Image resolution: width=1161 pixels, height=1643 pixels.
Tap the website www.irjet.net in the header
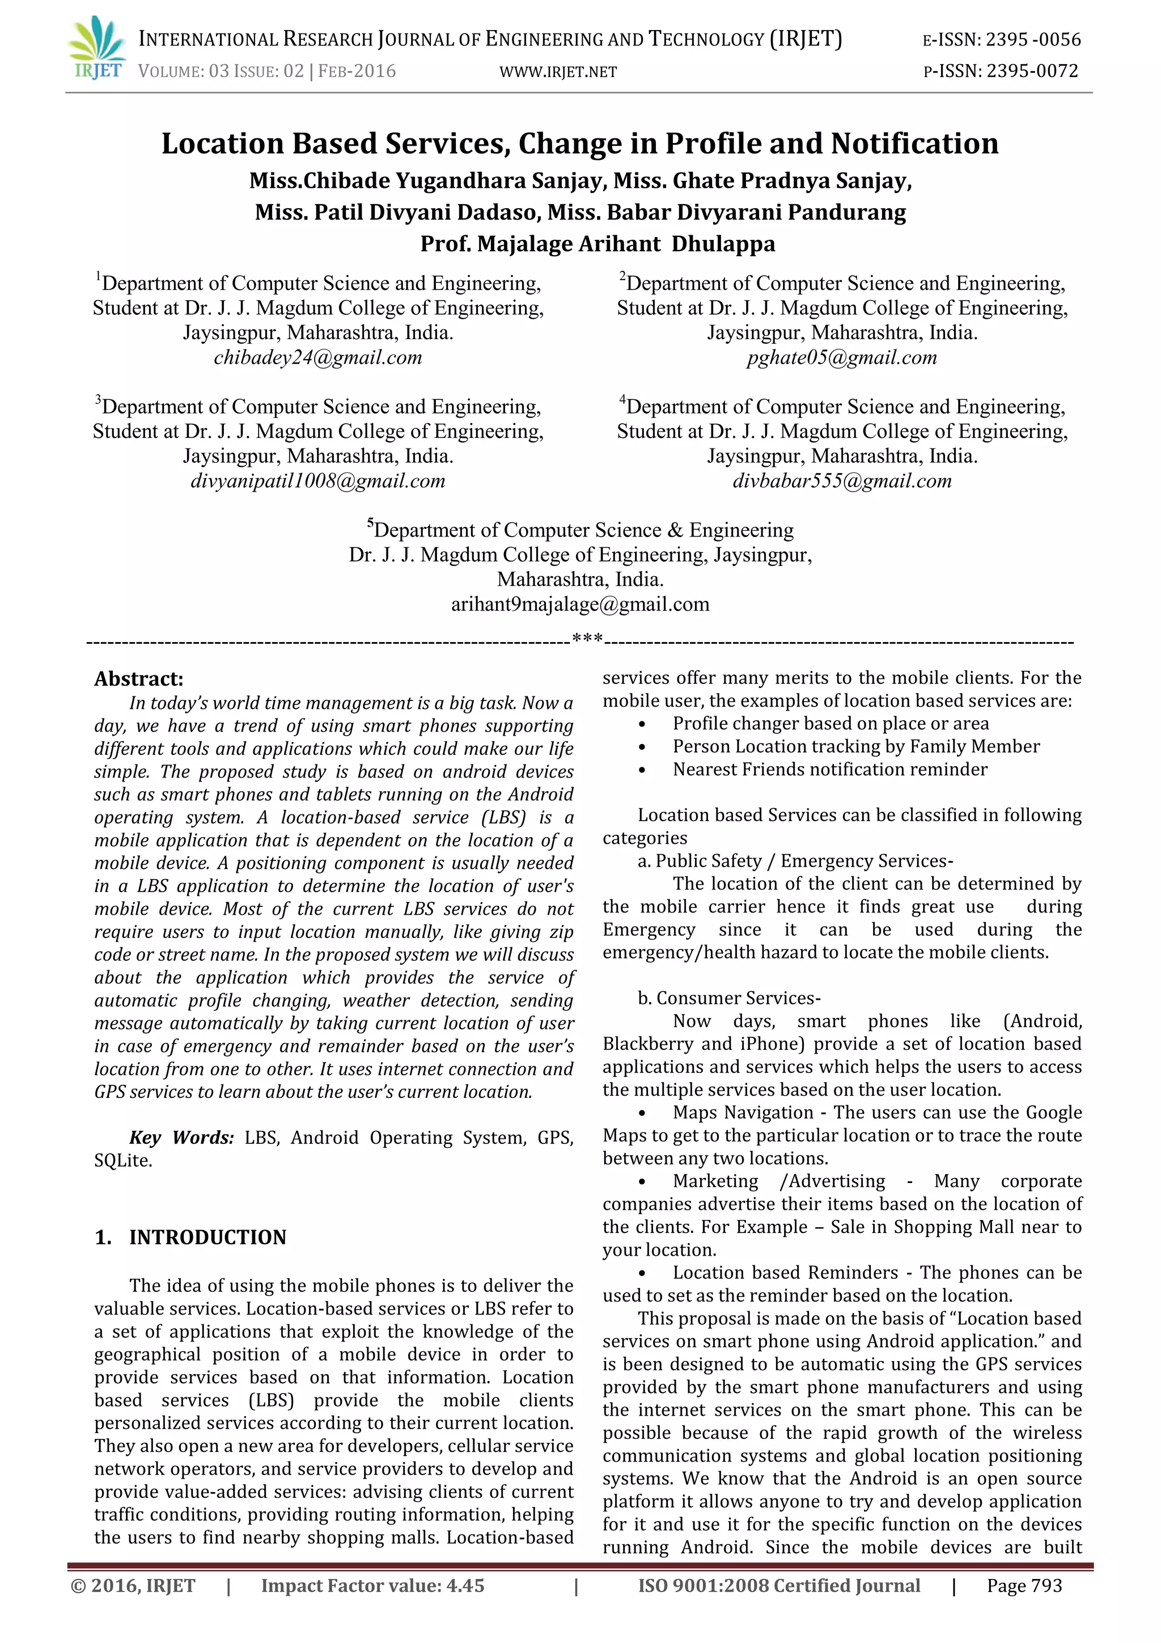click(558, 71)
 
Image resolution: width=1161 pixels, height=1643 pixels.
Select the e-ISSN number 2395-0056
click(1033, 40)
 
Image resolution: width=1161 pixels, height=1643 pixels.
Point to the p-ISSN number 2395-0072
click(1032, 71)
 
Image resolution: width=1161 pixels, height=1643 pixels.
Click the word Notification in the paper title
click(914, 144)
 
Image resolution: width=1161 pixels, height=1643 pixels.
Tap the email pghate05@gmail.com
click(841, 357)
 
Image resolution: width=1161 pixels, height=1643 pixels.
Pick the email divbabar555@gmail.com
click(841, 481)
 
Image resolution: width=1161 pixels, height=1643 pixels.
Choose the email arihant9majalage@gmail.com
click(579, 604)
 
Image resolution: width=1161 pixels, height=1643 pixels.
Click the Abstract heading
click(139, 678)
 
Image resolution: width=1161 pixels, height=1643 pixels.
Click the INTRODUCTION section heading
click(207, 1237)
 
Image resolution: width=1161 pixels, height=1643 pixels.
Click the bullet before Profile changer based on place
click(642, 724)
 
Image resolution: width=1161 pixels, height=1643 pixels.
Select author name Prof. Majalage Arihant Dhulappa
click(598, 244)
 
